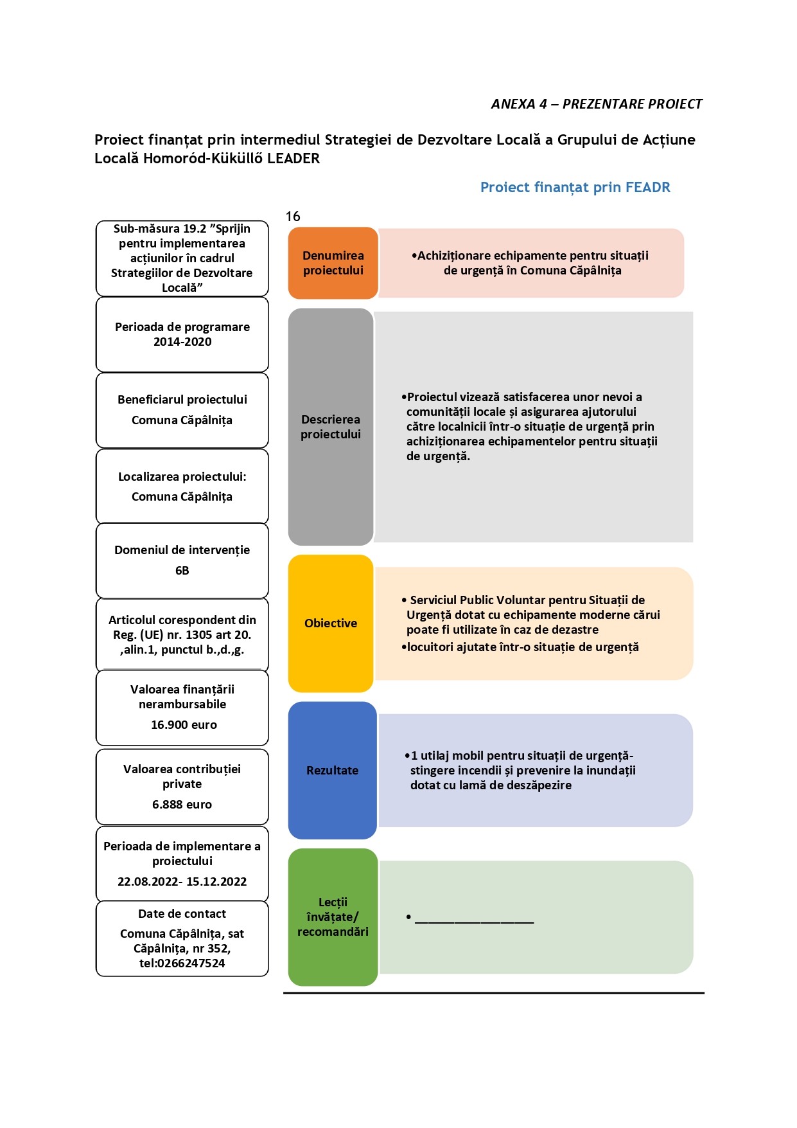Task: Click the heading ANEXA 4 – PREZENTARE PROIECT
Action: pyautogui.click(x=597, y=104)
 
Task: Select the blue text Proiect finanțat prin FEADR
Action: pyautogui.click(x=575, y=187)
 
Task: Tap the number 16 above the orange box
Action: pyautogui.click(x=293, y=217)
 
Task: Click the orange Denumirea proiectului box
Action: pyautogui.click(x=333, y=263)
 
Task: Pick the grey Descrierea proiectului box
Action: pyautogui.click(x=331, y=427)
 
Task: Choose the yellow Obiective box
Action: pyautogui.click(x=331, y=623)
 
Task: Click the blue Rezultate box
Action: pyautogui.click(x=332, y=770)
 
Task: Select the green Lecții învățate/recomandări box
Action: pyautogui.click(x=333, y=917)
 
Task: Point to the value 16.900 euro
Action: pyautogui.click(x=184, y=725)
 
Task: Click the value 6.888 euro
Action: pyautogui.click(x=182, y=805)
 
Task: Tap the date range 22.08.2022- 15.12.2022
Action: pyautogui.click(x=182, y=882)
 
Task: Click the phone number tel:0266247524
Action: pyautogui.click(x=182, y=963)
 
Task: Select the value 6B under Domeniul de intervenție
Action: pyautogui.click(x=182, y=571)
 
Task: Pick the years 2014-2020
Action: pyautogui.click(x=182, y=342)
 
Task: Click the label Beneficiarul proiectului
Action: pyautogui.click(x=182, y=400)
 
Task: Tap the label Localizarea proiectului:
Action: pyautogui.click(x=182, y=477)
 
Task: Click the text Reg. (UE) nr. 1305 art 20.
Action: pyautogui.click(x=182, y=635)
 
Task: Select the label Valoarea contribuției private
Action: pyautogui.click(x=182, y=776)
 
